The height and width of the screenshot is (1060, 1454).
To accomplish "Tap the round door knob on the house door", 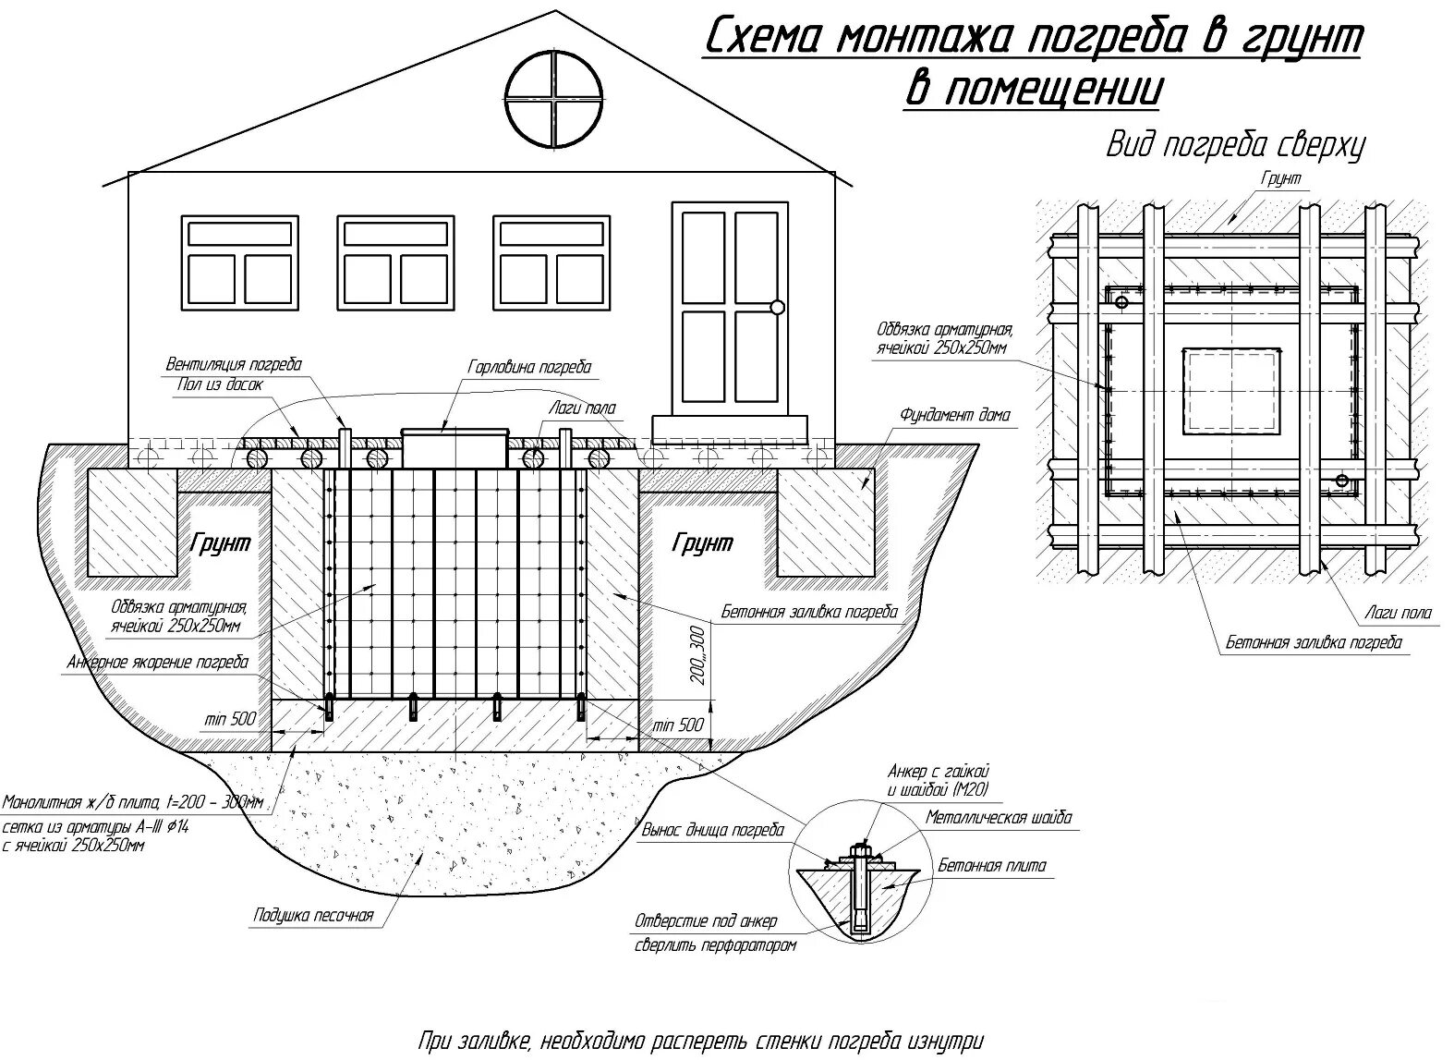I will (x=777, y=307).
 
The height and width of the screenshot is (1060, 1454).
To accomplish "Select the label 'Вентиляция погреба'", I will (x=234, y=364).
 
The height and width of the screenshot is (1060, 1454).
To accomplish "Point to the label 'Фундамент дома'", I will (x=955, y=415).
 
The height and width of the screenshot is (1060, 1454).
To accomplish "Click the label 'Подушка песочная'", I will (x=313, y=915).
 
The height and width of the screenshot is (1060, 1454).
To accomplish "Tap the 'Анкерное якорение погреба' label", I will (x=157, y=662).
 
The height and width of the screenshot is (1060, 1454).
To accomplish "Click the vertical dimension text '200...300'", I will (x=697, y=657).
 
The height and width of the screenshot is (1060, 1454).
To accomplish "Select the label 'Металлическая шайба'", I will (x=999, y=818).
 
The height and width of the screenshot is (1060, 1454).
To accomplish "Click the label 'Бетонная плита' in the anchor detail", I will (x=992, y=866).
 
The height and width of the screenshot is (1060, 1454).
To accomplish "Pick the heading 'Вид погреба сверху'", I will (x=1235, y=146).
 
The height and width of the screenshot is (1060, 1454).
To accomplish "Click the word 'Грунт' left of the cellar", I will (x=220, y=542).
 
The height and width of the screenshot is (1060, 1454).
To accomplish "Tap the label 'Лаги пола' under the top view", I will (x=1398, y=612).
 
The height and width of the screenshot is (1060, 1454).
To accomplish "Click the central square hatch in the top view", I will (x=1232, y=390).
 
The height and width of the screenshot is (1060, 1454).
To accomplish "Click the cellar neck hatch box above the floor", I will (x=454, y=447).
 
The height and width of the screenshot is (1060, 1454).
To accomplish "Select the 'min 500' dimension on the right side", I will (x=678, y=725).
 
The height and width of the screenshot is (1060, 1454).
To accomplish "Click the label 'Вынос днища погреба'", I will (x=712, y=830).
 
